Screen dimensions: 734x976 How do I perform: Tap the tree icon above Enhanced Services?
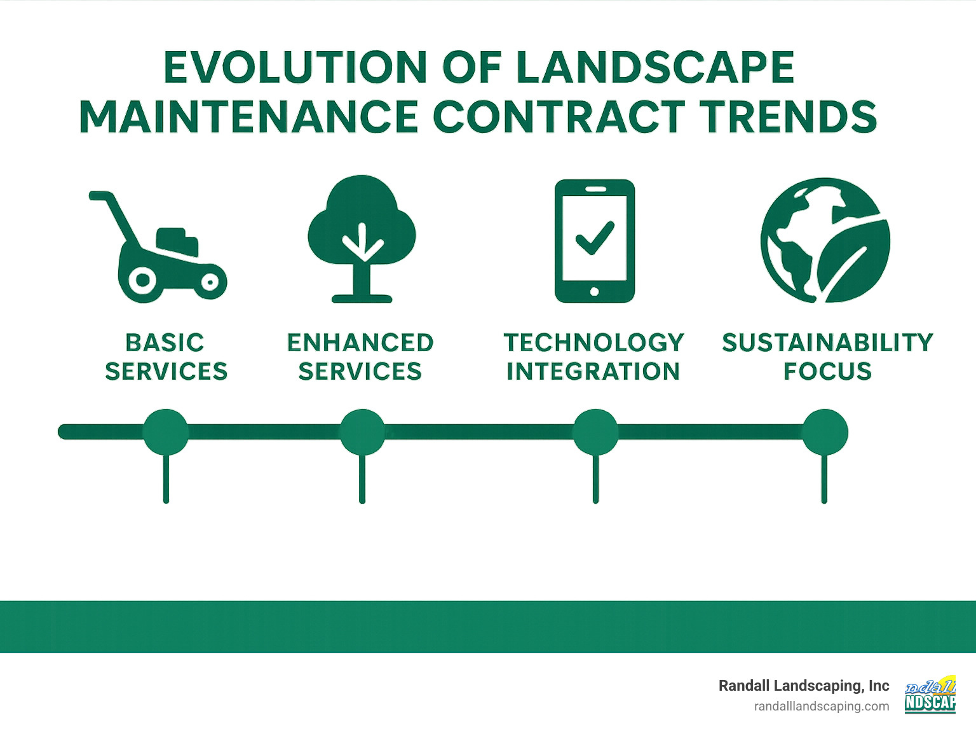[362, 239]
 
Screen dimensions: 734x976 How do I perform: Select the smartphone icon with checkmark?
[594, 241]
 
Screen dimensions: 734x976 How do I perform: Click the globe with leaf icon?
[825, 240]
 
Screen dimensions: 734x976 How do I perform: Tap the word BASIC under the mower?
[165, 343]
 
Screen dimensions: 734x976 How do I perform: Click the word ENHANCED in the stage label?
[360, 343]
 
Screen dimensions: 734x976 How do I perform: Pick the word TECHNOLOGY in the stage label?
[594, 343]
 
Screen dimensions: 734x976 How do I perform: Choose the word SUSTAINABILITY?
[827, 343]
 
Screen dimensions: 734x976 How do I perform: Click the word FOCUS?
[827, 371]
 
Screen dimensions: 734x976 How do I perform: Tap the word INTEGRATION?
[593, 371]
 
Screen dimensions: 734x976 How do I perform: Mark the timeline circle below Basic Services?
[166, 432]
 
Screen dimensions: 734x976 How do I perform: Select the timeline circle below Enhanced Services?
[362, 432]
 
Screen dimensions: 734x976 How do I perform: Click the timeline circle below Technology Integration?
[595, 432]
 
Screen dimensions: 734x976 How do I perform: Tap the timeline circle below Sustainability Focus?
[825, 432]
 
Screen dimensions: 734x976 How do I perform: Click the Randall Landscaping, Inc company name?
[804, 686]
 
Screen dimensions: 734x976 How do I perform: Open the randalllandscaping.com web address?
[822, 706]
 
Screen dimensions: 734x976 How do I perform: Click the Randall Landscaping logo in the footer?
[930, 695]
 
